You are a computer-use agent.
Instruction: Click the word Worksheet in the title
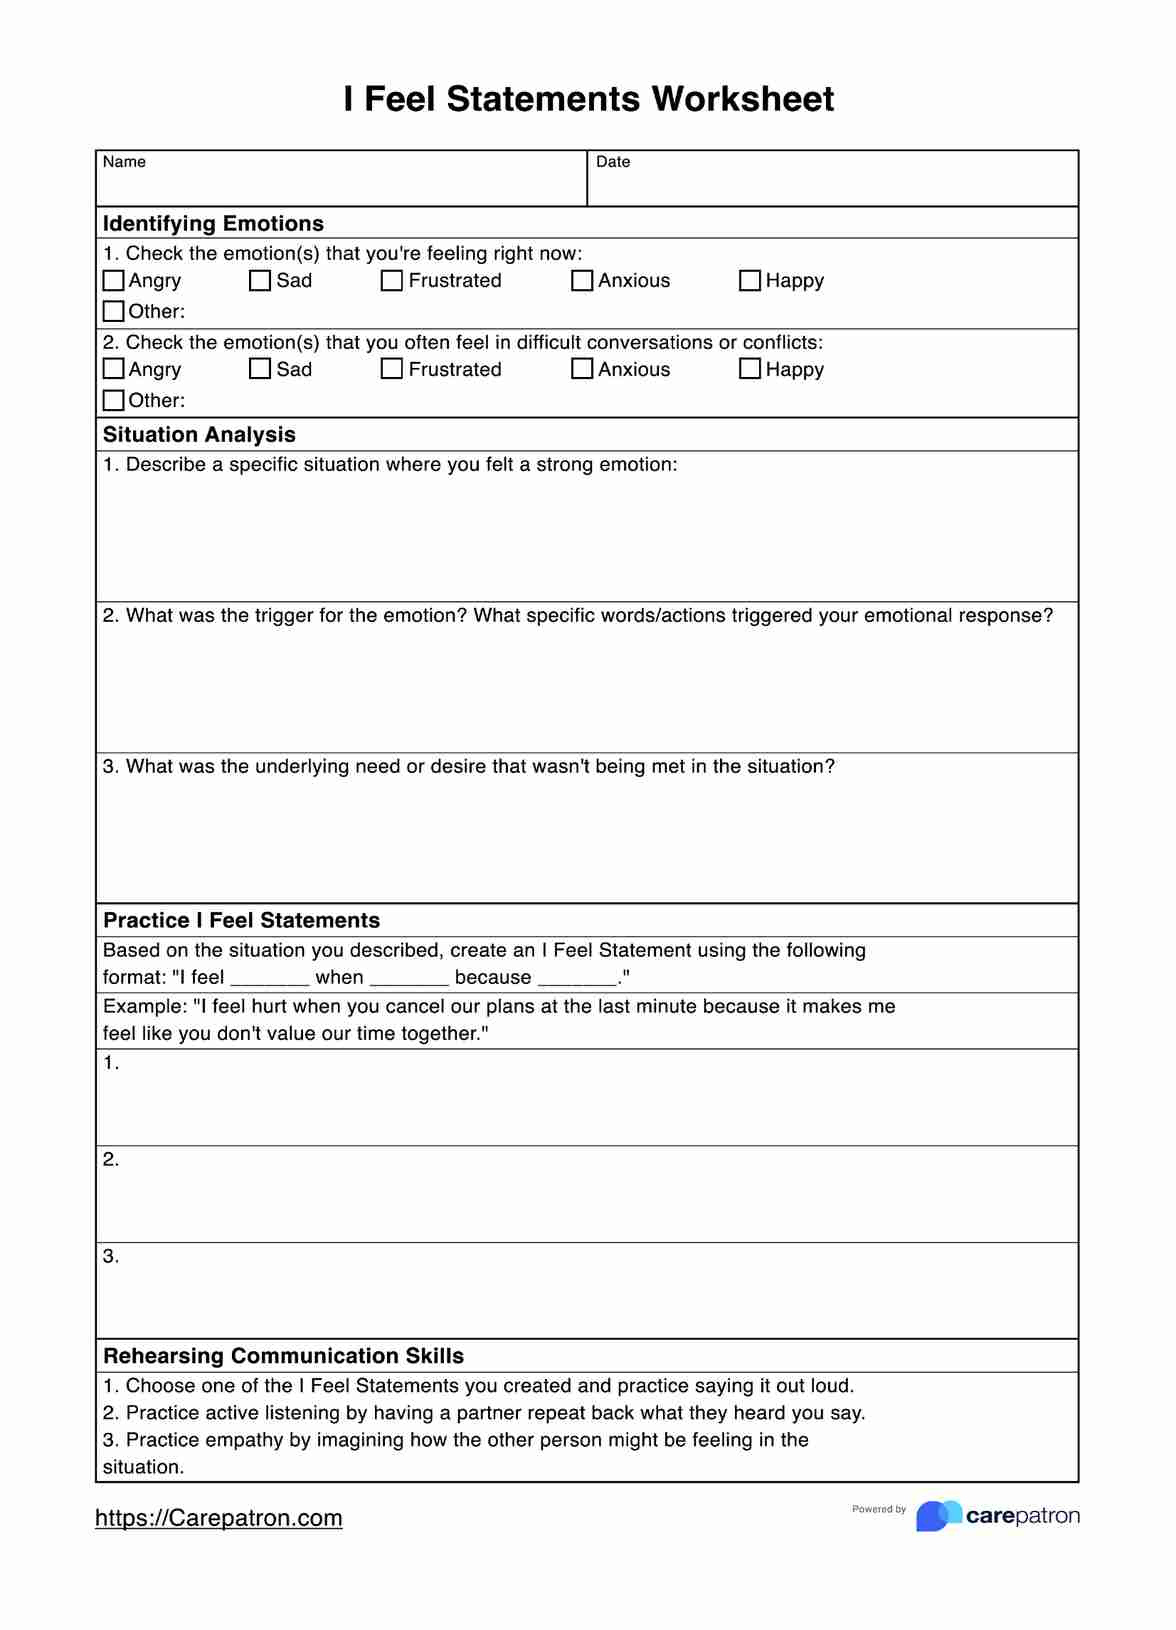point(742,99)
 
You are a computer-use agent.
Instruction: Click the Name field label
point(124,162)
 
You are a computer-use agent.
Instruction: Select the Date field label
point(613,162)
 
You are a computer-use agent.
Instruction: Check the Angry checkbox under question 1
point(114,281)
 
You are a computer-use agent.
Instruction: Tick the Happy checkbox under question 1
point(750,281)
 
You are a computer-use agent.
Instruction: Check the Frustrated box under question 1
point(392,281)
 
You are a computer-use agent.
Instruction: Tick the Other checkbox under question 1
point(114,312)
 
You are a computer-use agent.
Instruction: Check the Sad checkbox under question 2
point(260,369)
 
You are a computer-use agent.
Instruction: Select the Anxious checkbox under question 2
point(582,369)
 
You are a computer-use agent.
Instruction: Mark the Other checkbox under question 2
point(114,401)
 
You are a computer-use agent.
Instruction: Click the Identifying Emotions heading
point(213,224)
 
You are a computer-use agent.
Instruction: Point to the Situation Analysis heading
point(199,435)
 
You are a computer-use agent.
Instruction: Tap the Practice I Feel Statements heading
point(241,921)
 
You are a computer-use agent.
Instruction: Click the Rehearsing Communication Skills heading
point(283,1357)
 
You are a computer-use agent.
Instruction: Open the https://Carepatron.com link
point(218,1518)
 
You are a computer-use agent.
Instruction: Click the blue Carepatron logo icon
point(937,1516)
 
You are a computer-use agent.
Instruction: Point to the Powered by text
point(878,1510)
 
